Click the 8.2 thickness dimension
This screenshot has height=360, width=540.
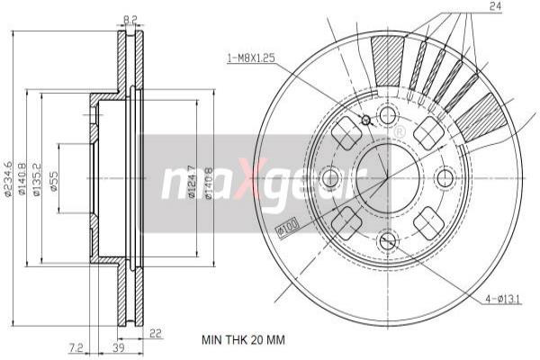point(130,18)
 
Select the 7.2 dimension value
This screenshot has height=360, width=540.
point(76,346)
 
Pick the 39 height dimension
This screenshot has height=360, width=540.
point(117,346)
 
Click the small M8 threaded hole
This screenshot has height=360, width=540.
point(365,121)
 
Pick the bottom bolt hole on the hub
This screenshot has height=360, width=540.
point(387,240)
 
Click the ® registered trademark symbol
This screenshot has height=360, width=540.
point(399,132)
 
